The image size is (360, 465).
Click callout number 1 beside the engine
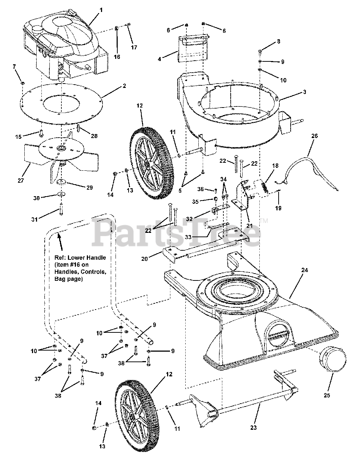coord(101,10)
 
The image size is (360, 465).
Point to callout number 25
coord(327,395)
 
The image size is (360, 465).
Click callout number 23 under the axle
coord(253,428)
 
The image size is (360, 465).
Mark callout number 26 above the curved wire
coord(314,136)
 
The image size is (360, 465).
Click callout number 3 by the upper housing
coord(304,92)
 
